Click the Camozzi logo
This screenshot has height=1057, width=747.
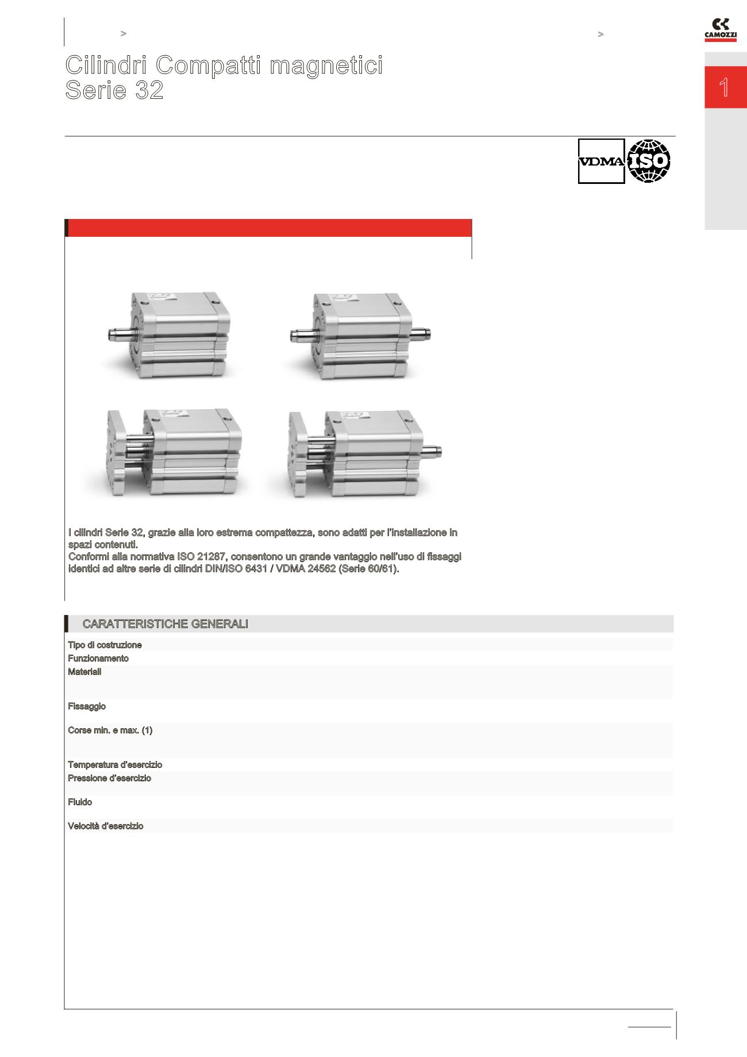coord(720,30)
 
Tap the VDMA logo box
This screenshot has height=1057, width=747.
coord(601,162)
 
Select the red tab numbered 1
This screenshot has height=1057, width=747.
coord(725,88)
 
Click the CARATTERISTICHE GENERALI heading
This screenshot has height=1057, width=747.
coord(165,624)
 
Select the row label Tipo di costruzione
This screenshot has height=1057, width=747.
coord(105,645)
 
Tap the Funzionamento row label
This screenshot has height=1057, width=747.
coord(98,659)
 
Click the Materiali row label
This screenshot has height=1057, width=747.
coord(84,672)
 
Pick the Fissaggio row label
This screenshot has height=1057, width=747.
coord(87,706)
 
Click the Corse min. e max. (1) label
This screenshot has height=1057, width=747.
coord(110,731)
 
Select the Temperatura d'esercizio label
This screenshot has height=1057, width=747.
coord(115,765)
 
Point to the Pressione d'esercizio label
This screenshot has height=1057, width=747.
coord(110,778)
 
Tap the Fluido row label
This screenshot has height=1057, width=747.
coord(80,802)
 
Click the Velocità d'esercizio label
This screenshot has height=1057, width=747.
coord(106,827)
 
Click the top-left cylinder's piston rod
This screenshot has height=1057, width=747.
coord(120,333)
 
